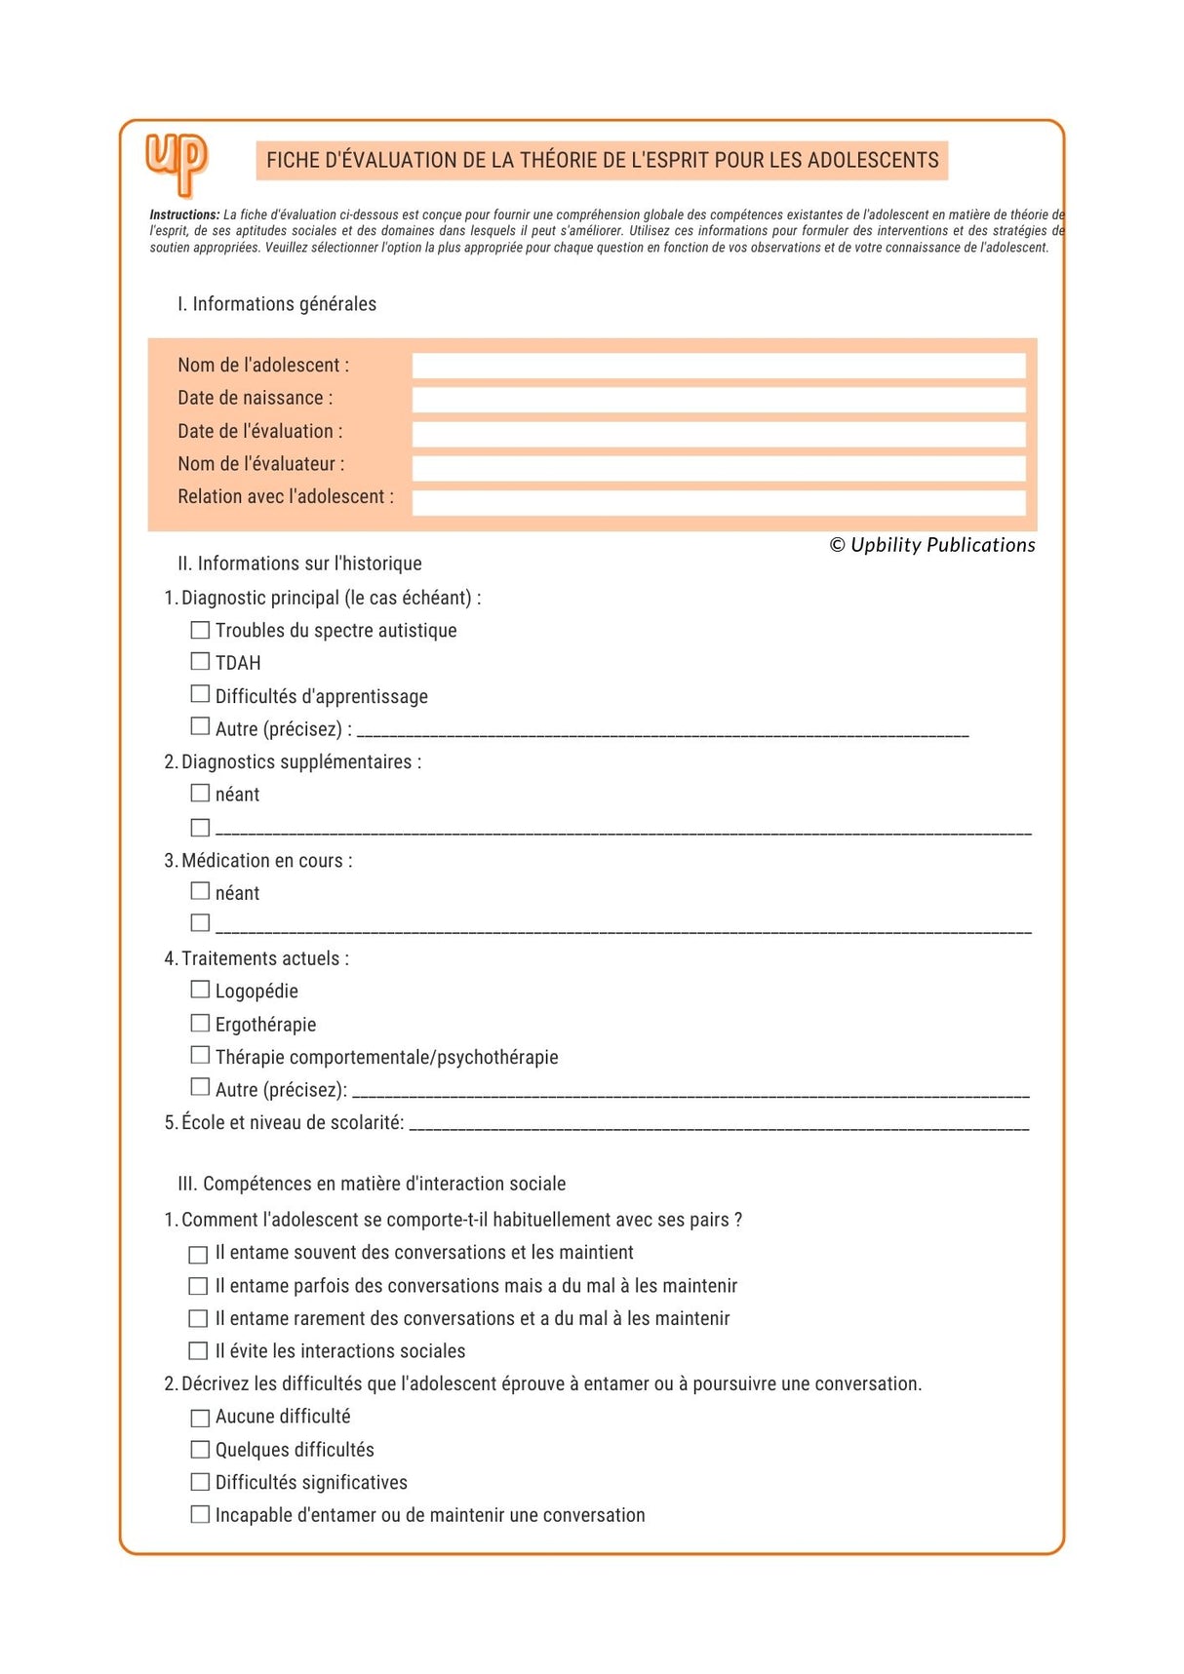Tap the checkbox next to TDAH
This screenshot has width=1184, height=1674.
pyautogui.click(x=200, y=662)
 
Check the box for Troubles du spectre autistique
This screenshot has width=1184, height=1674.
pyautogui.click(x=200, y=630)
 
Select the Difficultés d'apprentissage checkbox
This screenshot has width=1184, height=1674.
pyautogui.click(x=200, y=694)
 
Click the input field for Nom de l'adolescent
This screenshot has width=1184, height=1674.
pyautogui.click(x=718, y=366)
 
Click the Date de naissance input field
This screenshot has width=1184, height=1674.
pyautogui.click(x=718, y=399)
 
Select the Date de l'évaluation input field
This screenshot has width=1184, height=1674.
pyautogui.click(x=718, y=433)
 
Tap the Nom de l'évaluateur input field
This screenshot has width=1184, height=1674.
pyautogui.click(x=718, y=467)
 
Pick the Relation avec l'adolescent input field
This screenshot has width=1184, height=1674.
pyautogui.click(x=718, y=501)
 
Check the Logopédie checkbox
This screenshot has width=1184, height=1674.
pyautogui.click(x=200, y=990)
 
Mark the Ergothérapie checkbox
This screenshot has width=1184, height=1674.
pyautogui.click(x=200, y=1023)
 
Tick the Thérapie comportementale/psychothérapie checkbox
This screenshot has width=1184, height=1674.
pyautogui.click(x=200, y=1055)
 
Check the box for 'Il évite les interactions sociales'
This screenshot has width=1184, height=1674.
pyautogui.click(x=198, y=1351)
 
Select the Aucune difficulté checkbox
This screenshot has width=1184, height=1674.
pyautogui.click(x=200, y=1418)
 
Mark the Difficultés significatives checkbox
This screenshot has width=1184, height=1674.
pyautogui.click(x=200, y=1482)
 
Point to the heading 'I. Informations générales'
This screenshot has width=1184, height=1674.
pyautogui.click(x=276, y=304)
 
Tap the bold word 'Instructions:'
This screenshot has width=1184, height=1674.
pyautogui.click(x=184, y=214)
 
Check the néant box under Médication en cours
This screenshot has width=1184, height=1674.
pyautogui.click(x=200, y=891)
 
